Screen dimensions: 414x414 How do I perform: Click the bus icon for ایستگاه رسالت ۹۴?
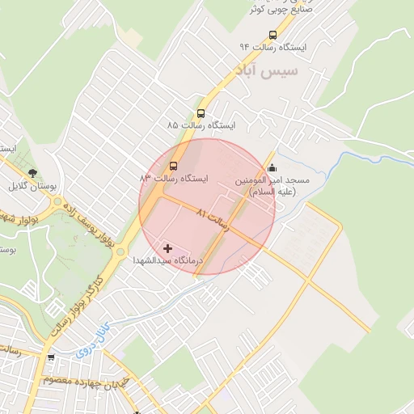tap(272, 35)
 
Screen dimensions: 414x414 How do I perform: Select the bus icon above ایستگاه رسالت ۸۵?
tap(201, 114)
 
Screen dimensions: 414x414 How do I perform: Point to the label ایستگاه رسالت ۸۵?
tap(201, 126)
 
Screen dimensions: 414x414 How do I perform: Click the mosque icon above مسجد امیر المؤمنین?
tap(270, 168)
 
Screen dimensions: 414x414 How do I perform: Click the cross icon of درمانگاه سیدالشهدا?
tap(167, 248)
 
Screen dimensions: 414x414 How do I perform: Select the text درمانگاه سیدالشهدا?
tap(167, 260)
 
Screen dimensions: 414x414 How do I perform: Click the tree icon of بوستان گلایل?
tap(33, 173)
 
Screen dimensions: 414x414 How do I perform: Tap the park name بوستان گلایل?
tap(33, 185)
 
